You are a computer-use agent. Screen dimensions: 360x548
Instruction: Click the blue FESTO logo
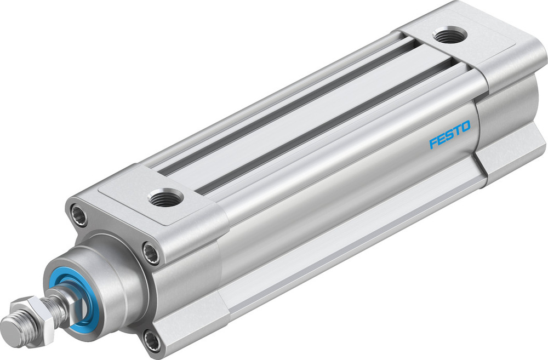[449, 135]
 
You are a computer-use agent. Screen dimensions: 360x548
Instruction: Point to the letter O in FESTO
[465, 127]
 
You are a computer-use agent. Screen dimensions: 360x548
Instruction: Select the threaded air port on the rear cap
[449, 35]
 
